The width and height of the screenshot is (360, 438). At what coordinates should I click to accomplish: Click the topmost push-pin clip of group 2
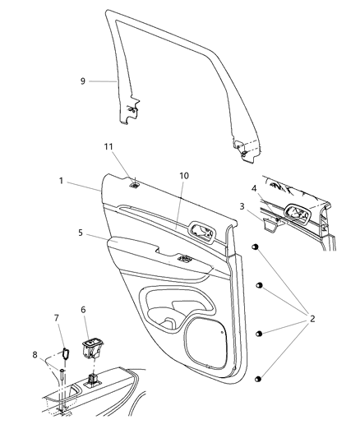(256, 247)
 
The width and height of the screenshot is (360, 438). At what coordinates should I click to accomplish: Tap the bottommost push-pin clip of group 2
(260, 378)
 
